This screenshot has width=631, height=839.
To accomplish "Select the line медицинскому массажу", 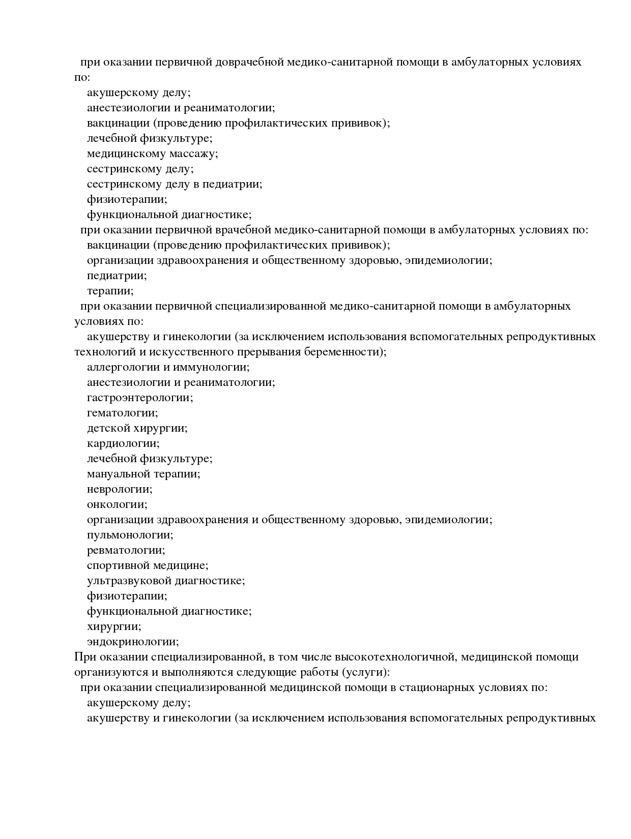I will click(x=152, y=154).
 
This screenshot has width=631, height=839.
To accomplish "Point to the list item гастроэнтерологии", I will click(x=140, y=398).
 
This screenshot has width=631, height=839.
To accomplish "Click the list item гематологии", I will click(x=122, y=413).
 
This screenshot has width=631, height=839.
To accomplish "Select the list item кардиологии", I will click(x=123, y=443).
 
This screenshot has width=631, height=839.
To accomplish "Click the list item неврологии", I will click(x=120, y=489).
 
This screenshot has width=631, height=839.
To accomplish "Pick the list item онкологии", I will click(x=117, y=504).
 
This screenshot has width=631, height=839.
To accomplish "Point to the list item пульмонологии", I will click(x=130, y=535).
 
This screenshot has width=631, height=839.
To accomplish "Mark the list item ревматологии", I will click(x=126, y=550).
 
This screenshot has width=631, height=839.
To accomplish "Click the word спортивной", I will click(x=119, y=565).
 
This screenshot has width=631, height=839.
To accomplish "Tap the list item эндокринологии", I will click(x=133, y=642).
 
